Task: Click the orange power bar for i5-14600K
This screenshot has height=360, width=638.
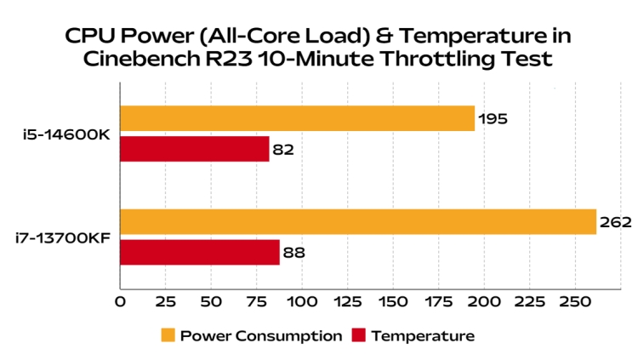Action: click(x=297, y=118)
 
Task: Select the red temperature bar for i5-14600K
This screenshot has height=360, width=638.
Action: click(x=195, y=149)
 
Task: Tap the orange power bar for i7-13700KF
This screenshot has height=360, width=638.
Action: click(x=358, y=221)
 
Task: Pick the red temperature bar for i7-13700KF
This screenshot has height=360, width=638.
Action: click(x=200, y=252)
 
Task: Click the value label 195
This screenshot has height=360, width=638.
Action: click(x=493, y=119)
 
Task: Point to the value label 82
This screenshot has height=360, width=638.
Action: click(x=283, y=150)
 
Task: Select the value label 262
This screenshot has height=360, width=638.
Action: click(x=615, y=222)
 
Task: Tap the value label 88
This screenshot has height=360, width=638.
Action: click(x=293, y=253)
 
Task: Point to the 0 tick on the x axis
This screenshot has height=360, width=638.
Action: click(x=120, y=301)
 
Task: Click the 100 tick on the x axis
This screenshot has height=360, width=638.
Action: click(x=302, y=301)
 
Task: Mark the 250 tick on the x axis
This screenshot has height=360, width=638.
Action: click(x=574, y=301)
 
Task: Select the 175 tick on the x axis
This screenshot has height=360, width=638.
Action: click(x=438, y=301)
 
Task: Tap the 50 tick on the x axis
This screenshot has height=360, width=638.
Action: click(x=211, y=301)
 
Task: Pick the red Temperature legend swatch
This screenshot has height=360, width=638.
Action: click(x=357, y=335)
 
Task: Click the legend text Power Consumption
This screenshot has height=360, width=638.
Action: click(x=261, y=335)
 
